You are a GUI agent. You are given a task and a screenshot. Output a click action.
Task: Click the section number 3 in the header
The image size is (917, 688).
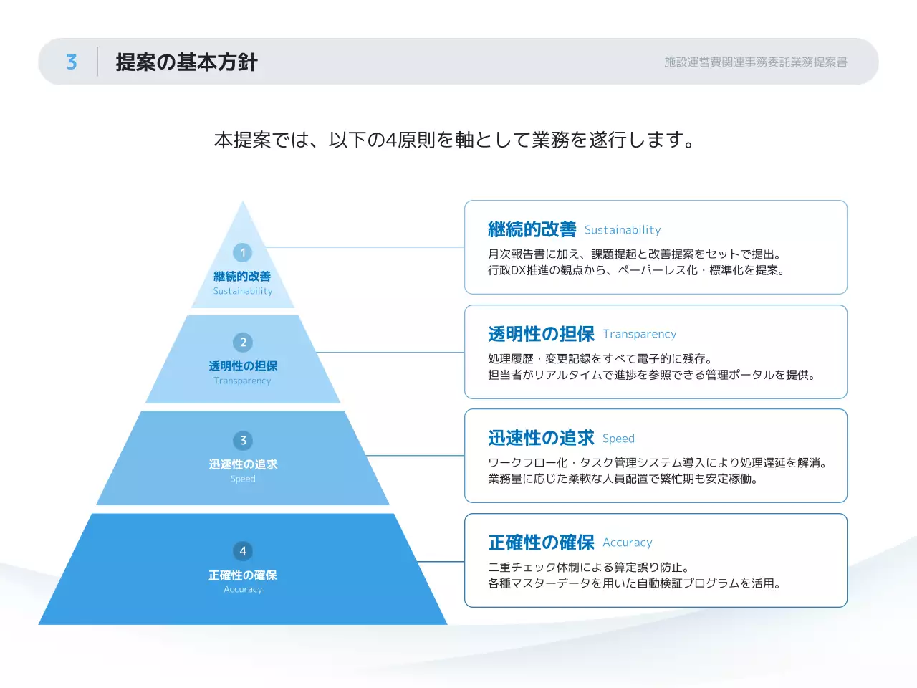tap(71, 62)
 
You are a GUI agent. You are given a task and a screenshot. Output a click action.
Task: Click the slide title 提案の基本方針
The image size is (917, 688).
tap(186, 62)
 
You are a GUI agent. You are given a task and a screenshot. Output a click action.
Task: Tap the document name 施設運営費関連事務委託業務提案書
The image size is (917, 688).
tap(755, 62)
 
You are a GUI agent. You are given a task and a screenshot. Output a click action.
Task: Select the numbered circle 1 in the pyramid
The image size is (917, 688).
tap(243, 252)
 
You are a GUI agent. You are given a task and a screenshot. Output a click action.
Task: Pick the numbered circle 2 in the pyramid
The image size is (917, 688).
tap(243, 343)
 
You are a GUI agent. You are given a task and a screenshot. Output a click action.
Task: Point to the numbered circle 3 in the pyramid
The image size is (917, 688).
tap(243, 441)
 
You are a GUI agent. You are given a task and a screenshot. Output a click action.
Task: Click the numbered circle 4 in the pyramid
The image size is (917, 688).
tap(243, 551)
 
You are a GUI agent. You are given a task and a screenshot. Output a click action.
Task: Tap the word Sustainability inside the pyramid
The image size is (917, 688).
tap(243, 291)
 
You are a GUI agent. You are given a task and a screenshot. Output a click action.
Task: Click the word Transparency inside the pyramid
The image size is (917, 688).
tap(243, 381)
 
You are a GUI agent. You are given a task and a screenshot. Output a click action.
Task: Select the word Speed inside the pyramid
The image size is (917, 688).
tap(243, 479)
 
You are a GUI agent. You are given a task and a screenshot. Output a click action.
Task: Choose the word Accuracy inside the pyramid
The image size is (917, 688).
tap(243, 589)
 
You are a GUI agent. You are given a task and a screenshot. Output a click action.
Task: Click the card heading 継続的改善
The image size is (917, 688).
tap(532, 229)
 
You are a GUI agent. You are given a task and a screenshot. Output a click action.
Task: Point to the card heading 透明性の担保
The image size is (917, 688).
tap(541, 334)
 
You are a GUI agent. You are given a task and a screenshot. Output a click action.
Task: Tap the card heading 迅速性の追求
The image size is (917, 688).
tap(541, 438)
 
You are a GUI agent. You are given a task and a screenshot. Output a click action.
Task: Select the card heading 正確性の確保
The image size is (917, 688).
tap(541, 543)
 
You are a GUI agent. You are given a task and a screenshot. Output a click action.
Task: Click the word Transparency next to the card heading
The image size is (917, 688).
tap(639, 334)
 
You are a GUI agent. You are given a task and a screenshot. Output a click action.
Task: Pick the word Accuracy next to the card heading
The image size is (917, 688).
tap(627, 543)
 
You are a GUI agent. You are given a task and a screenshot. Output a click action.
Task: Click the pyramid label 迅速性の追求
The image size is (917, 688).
tap(243, 464)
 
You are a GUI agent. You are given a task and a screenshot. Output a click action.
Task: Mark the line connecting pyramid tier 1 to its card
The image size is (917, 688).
tap(365, 247)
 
